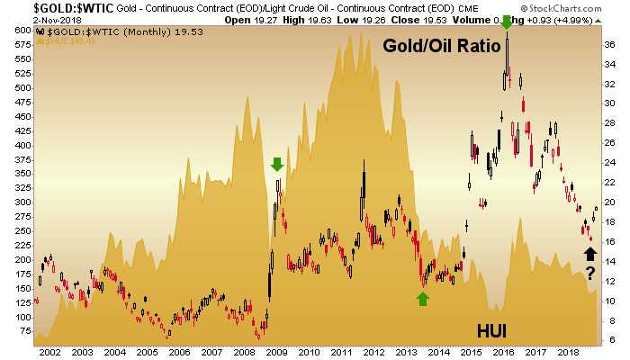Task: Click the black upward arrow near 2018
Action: pos(589,253)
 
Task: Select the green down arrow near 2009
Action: pos(277,164)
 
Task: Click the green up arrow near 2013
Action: pos(422,299)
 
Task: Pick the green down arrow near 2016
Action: pos(508,22)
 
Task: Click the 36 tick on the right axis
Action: pos(609,43)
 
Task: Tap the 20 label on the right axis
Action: pos(609,202)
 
